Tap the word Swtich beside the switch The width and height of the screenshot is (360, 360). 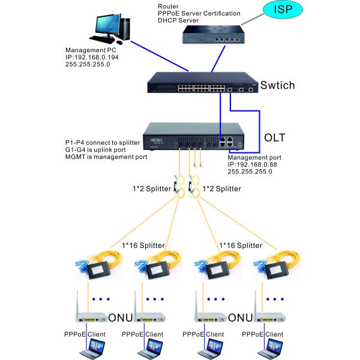tap(277, 85)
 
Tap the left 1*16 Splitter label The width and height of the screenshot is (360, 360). tap(141, 245)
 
